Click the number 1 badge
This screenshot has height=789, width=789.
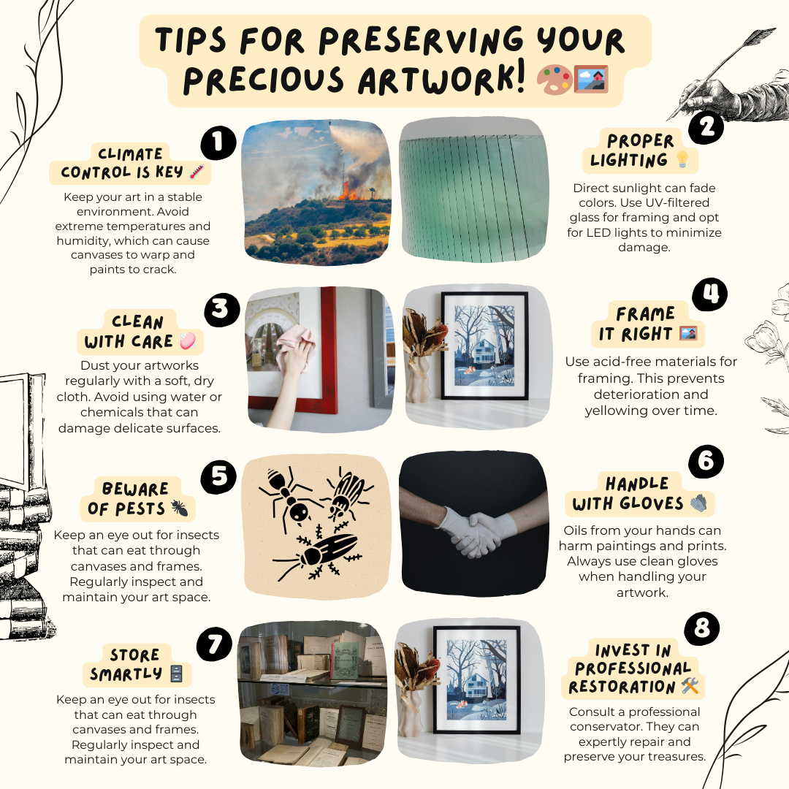coord(218,143)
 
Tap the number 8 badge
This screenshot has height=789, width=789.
coord(702,628)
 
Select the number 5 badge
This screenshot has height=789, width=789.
coord(218,477)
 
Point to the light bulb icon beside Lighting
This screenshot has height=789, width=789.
coord(682,159)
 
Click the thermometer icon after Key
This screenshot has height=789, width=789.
coord(197,172)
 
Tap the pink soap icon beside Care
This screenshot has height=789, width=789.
coord(188,340)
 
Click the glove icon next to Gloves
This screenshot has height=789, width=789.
coord(698,503)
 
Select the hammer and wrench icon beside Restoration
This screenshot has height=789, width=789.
coord(690,685)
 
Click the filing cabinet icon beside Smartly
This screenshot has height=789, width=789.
coord(176,674)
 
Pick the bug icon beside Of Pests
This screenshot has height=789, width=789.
coord(180,508)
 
